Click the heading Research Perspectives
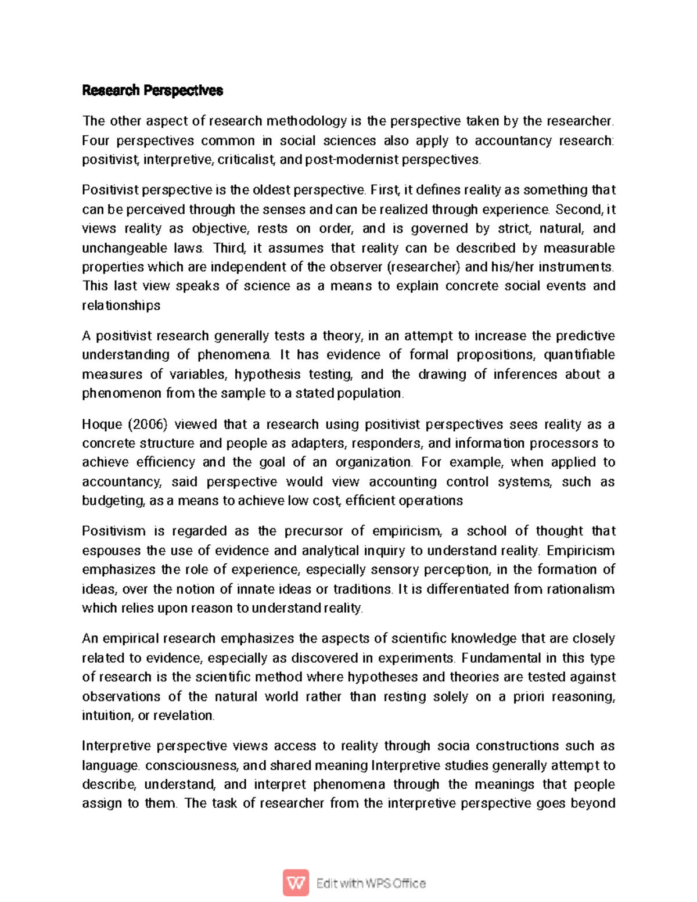(152, 91)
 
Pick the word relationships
(121, 306)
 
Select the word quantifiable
(579, 355)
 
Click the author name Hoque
(102, 425)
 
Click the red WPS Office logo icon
(296, 883)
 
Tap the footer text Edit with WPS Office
(371, 883)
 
